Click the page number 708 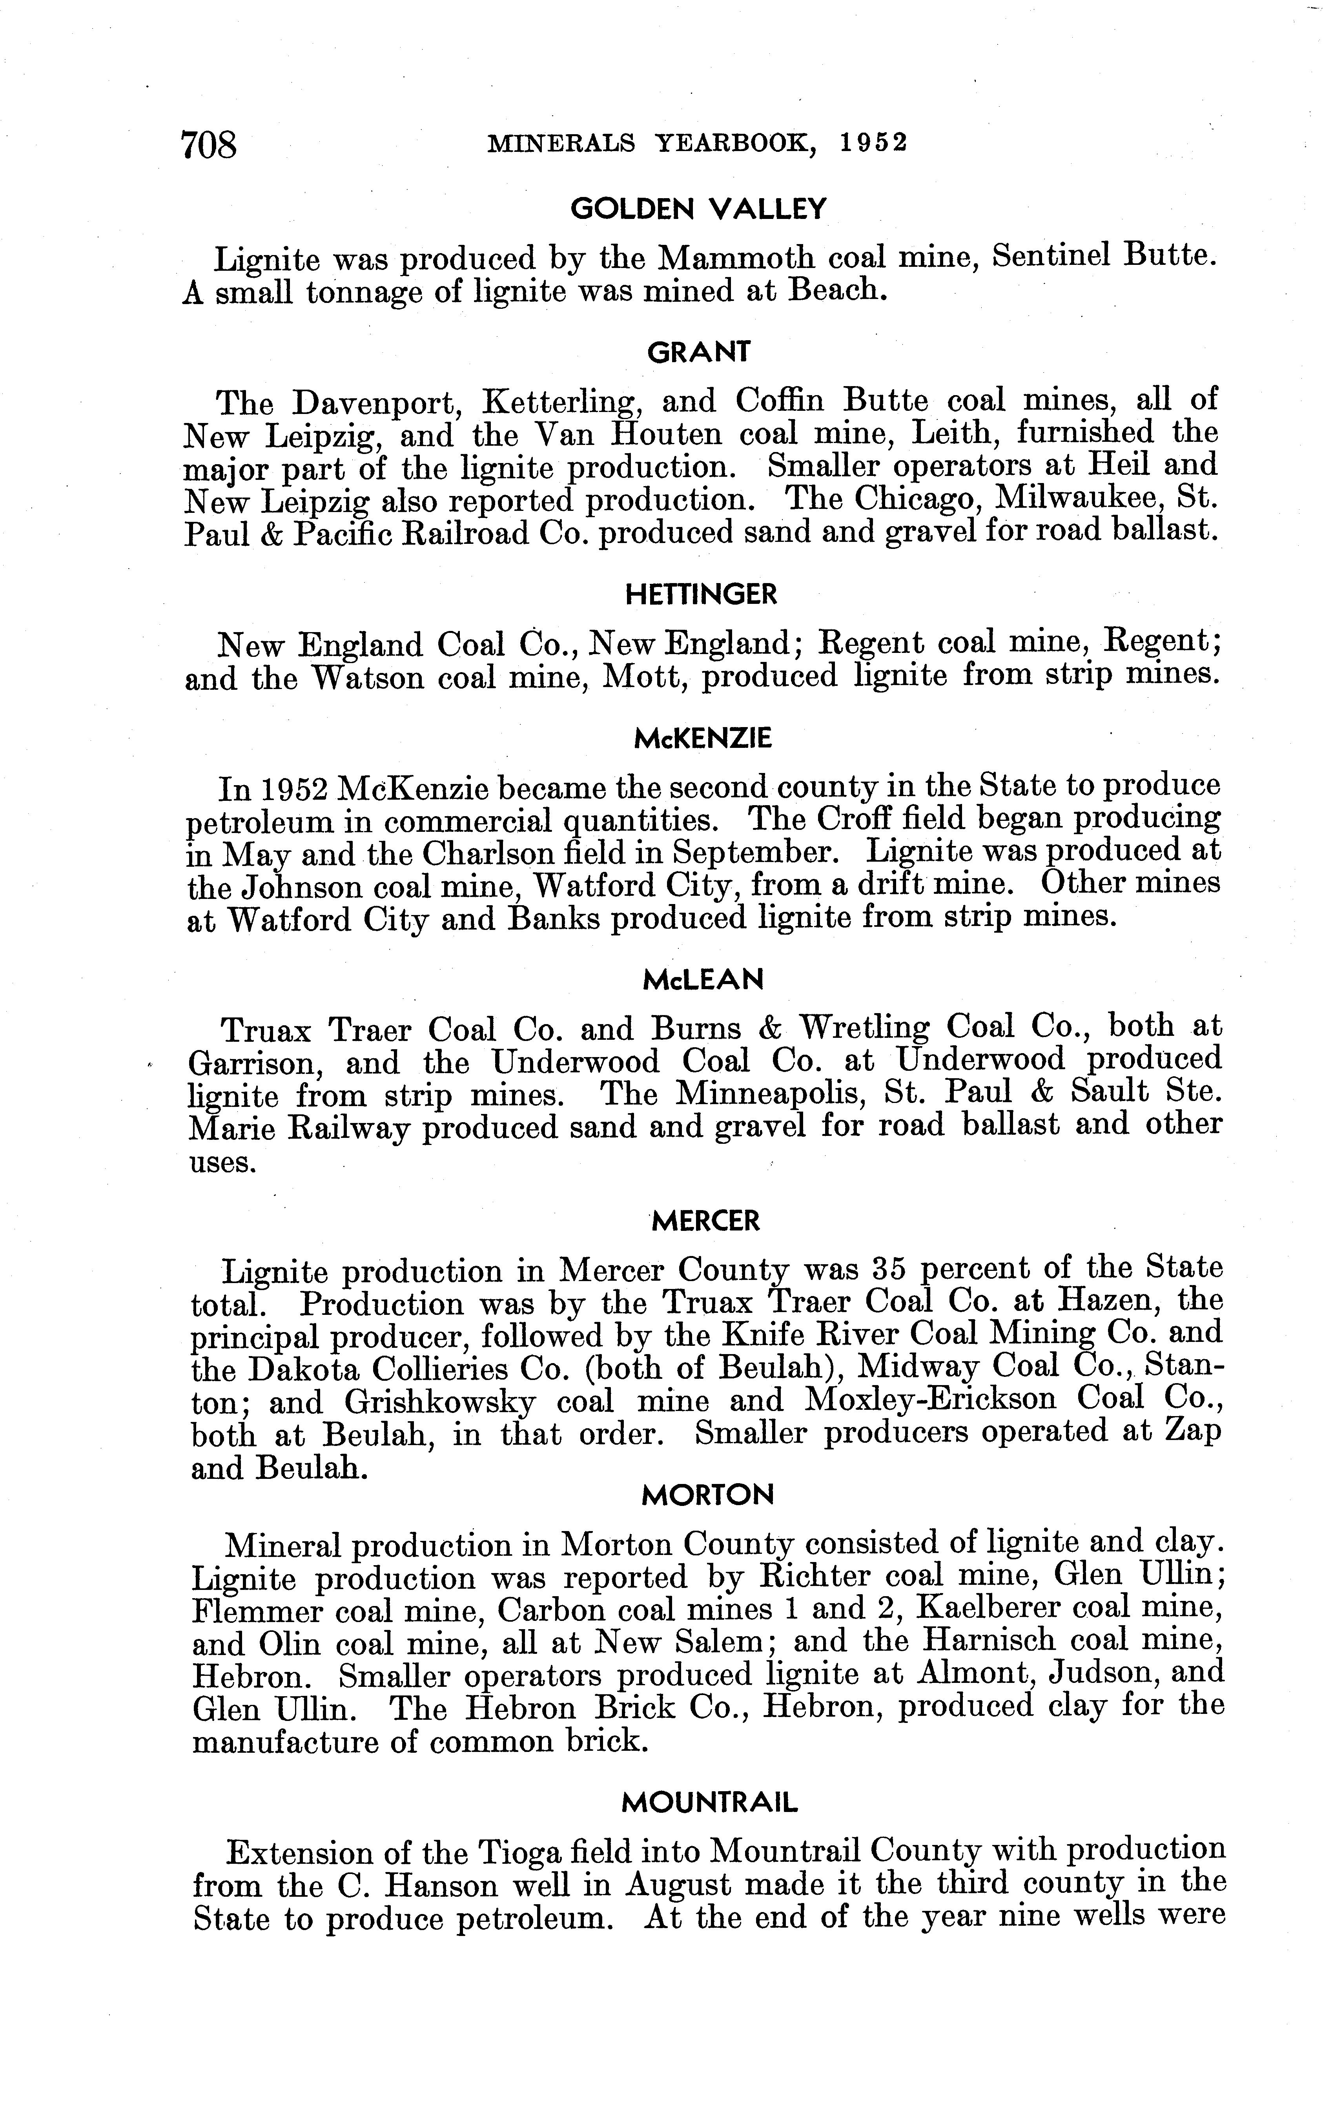pos(208,144)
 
